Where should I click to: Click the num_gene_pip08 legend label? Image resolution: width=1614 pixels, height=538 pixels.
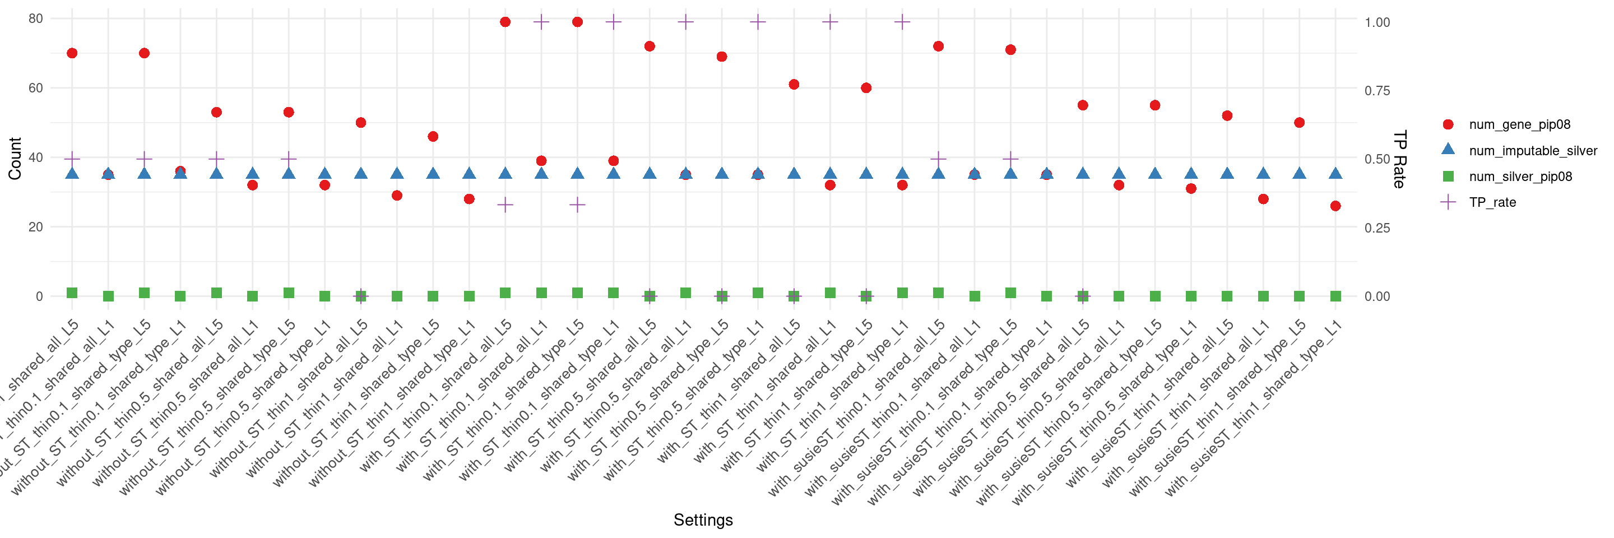coord(1519,124)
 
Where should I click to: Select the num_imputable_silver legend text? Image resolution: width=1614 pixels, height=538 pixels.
coord(1533,151)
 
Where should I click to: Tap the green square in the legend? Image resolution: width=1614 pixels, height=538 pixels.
coord(1448,177)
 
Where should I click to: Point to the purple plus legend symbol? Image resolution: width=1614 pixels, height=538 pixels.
coord(1448,202)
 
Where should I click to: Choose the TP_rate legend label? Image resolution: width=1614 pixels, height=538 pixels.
coord(1492,202)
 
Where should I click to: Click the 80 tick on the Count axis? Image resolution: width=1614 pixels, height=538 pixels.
coord(36,19)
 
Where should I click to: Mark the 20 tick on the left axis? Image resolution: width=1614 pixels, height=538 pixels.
coord(36,227)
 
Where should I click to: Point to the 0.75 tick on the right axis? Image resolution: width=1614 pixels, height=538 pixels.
coord(1377,91)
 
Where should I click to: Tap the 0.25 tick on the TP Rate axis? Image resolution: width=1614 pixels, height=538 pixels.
coord(1377,228)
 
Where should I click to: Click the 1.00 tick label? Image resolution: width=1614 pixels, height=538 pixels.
coord(1377,22)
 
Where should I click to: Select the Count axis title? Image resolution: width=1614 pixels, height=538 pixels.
coord(15,159)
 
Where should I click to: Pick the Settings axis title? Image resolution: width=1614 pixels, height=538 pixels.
coord(703,520)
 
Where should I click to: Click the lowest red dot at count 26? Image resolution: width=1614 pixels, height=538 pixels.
coord(1335,206)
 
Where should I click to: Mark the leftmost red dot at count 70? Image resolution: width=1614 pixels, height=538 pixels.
coord(72,53)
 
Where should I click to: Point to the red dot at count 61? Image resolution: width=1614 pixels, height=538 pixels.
coord(794,85)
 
